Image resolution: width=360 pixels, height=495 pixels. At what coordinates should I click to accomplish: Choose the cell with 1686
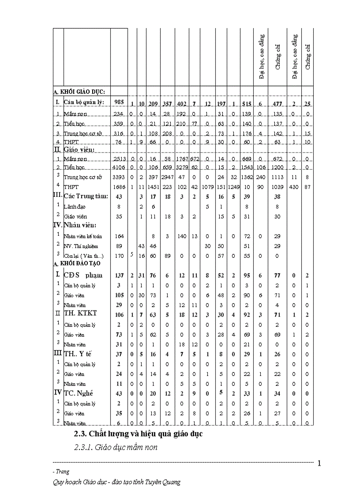click(119, 187)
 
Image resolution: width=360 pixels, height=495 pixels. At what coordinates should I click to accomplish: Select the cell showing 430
click(293, 187)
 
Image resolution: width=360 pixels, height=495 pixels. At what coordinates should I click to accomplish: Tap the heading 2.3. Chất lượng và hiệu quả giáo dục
click(138, 434)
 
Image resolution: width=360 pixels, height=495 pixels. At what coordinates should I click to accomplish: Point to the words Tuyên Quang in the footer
click(163, 482)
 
